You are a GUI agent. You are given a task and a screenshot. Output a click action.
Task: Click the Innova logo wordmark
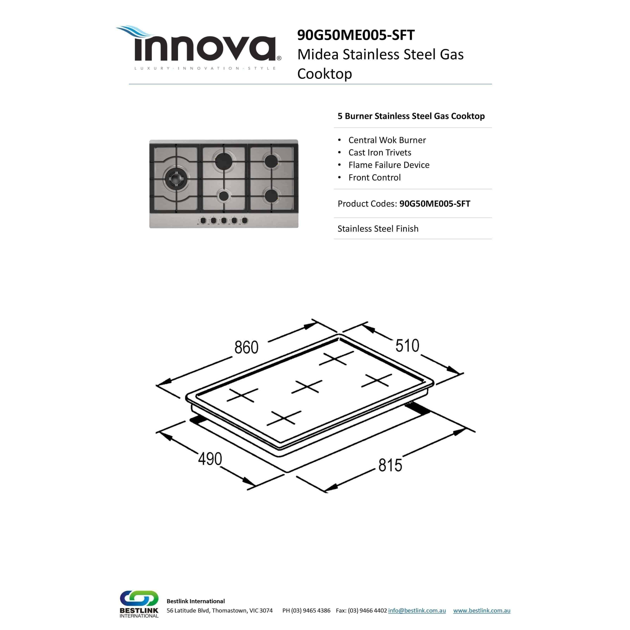[x=205, y=48]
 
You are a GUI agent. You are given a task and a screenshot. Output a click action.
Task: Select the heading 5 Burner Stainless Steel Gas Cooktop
[x=411, y=116]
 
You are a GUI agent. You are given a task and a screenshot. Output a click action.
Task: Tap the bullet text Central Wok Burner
[x=387, y=140]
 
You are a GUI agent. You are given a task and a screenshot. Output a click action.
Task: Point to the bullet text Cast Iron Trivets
[x=380, y=153]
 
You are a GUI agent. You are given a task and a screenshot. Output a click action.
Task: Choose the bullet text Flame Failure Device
[x=389, y=165]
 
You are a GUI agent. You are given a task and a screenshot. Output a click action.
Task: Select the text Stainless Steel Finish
[x=378, y=229]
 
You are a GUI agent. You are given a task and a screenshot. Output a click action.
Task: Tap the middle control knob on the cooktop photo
[x=224, y=220]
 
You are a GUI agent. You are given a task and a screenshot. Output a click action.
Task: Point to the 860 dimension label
[x=246, y=347]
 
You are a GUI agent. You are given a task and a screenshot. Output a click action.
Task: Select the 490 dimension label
[x=210, y=459]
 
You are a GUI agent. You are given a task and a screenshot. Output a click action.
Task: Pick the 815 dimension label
[x=390, y=465]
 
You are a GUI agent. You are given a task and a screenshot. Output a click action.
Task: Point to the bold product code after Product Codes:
[x=434, y=204]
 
